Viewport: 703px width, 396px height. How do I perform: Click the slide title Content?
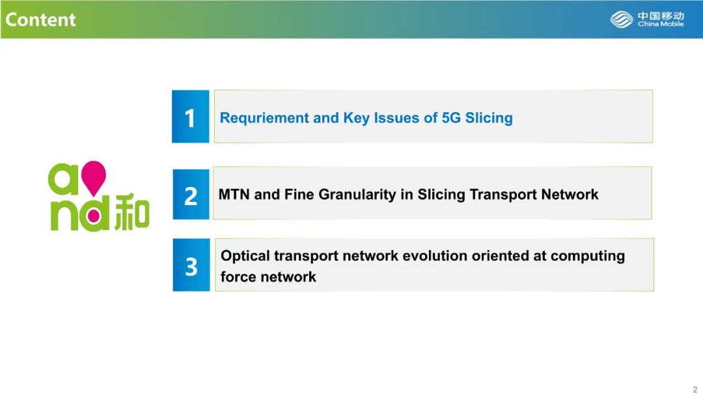tap(40, 20)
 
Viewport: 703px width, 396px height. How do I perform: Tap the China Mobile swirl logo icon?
tap(622, 20)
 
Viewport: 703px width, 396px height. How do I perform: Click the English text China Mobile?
tap(661, 23)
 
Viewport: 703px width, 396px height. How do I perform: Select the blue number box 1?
tap(191, 117)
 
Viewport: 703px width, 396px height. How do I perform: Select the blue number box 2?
tap(191, 194)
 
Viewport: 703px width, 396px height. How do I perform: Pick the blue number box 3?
tap(191, 265)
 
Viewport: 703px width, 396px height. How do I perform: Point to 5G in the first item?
tap(451, 117)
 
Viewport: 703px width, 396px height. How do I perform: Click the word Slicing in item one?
tap(489, 118)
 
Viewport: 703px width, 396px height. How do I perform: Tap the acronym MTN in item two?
tap(234, 194)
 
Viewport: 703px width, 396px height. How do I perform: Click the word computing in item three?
tap(587, 256)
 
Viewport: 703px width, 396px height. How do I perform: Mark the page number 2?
tap(695, 389)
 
